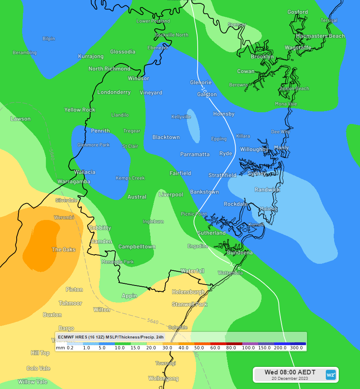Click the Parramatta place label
(x=195, y=154)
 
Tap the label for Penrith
(x=100, y=131)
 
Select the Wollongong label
(x=164, y=379)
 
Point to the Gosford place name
(x=298, y=12)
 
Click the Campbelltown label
(x=137, y=247)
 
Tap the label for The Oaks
(x=63, y=250)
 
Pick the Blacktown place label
(x=166, y=137)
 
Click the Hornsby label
(x=224, y=114)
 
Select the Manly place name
(x=281, y=148)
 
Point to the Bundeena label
(x=239, y=253)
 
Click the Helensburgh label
(x=189, y=292)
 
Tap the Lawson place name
(x=20, y=119)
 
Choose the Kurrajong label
(x=91, y=56)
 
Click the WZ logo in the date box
(x=331, y=375)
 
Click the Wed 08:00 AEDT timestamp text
(x=290, y=372)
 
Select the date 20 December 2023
(x=290, y=379)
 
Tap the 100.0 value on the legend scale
(x=248, y=348)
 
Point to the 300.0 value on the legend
(x=296, y=348)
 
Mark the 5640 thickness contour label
(x=153, y=321)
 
